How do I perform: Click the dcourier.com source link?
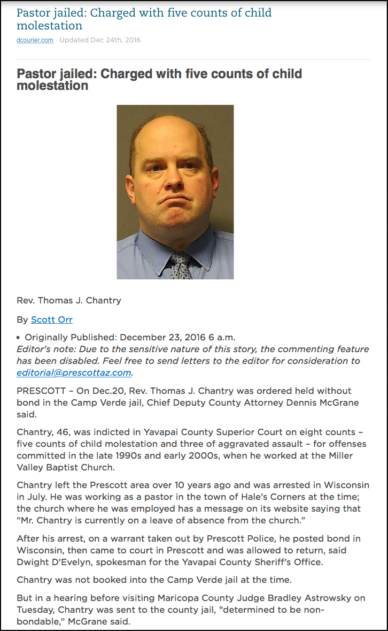click(35, 40)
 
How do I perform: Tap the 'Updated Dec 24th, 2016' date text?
click(100, 40)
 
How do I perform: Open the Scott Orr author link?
click(51, 320)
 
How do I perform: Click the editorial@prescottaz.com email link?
click(74, 372)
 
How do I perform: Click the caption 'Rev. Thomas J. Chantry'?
click(69, 300)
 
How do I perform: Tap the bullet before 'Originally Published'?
click(19, 338)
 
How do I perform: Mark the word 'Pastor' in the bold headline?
click(38, 74)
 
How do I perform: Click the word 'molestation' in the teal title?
click(50, 26)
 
